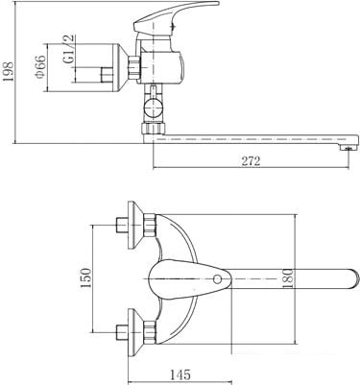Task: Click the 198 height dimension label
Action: pos(9,71)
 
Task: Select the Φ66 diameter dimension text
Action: pos(41,67)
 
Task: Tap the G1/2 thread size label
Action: pos(69,49)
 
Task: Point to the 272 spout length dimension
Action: pos(251,161)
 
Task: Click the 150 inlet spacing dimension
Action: pos(85,277)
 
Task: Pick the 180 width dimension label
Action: pos(288,278)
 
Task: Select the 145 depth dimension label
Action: pos(180,374)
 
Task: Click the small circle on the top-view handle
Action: pos(217,279)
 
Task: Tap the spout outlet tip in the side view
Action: pos(349,147)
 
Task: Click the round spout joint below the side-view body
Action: pos(154,108)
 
